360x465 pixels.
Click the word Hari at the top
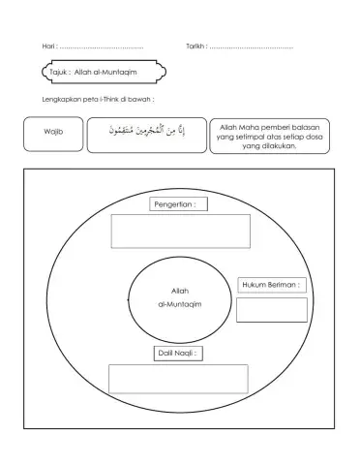(x=49, y=46)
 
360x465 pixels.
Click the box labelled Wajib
(x=53, y=133)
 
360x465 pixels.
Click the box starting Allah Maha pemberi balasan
(x=269, y=135)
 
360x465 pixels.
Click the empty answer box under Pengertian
(x=181, y=231)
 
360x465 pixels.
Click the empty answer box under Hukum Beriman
(x=271, y=309)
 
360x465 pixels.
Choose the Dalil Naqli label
(x=178, y=354)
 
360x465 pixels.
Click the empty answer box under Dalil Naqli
(x=178, y=379)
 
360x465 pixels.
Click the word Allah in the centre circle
(x=179, y=291)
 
